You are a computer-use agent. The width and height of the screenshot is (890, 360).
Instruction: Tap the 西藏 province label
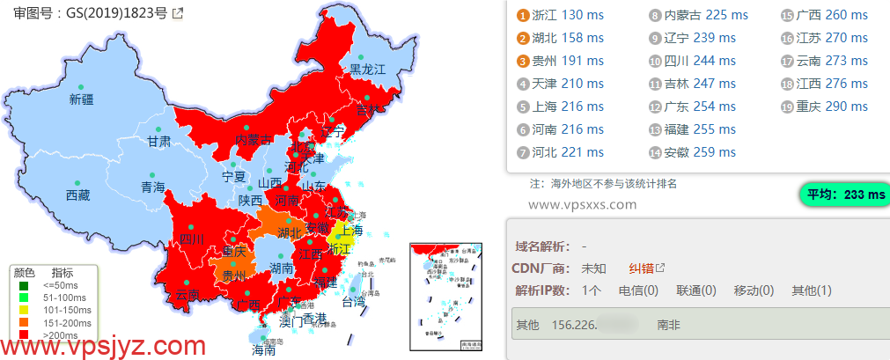click(77, 195)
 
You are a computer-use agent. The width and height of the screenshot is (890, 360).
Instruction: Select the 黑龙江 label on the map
click(368, 70)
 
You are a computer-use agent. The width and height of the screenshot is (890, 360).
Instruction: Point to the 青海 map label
click(152, 187)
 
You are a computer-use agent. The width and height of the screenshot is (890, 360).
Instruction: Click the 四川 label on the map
click(192, 239)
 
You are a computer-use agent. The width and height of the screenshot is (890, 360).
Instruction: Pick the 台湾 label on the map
click(352, 301)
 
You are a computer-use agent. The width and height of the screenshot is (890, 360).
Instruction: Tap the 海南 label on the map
click(263, 349)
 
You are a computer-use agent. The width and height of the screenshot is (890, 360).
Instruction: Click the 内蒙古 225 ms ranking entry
click(698, 15)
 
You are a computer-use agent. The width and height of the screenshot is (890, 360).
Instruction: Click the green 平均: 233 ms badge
click(842, 195)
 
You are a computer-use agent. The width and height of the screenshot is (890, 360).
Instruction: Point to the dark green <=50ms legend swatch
click(25, 284)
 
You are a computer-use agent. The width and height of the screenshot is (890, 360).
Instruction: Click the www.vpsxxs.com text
click(582, 204)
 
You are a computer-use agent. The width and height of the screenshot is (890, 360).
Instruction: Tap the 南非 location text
click(668, 325)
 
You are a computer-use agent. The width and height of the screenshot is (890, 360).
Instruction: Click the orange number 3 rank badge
click(523, 61)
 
